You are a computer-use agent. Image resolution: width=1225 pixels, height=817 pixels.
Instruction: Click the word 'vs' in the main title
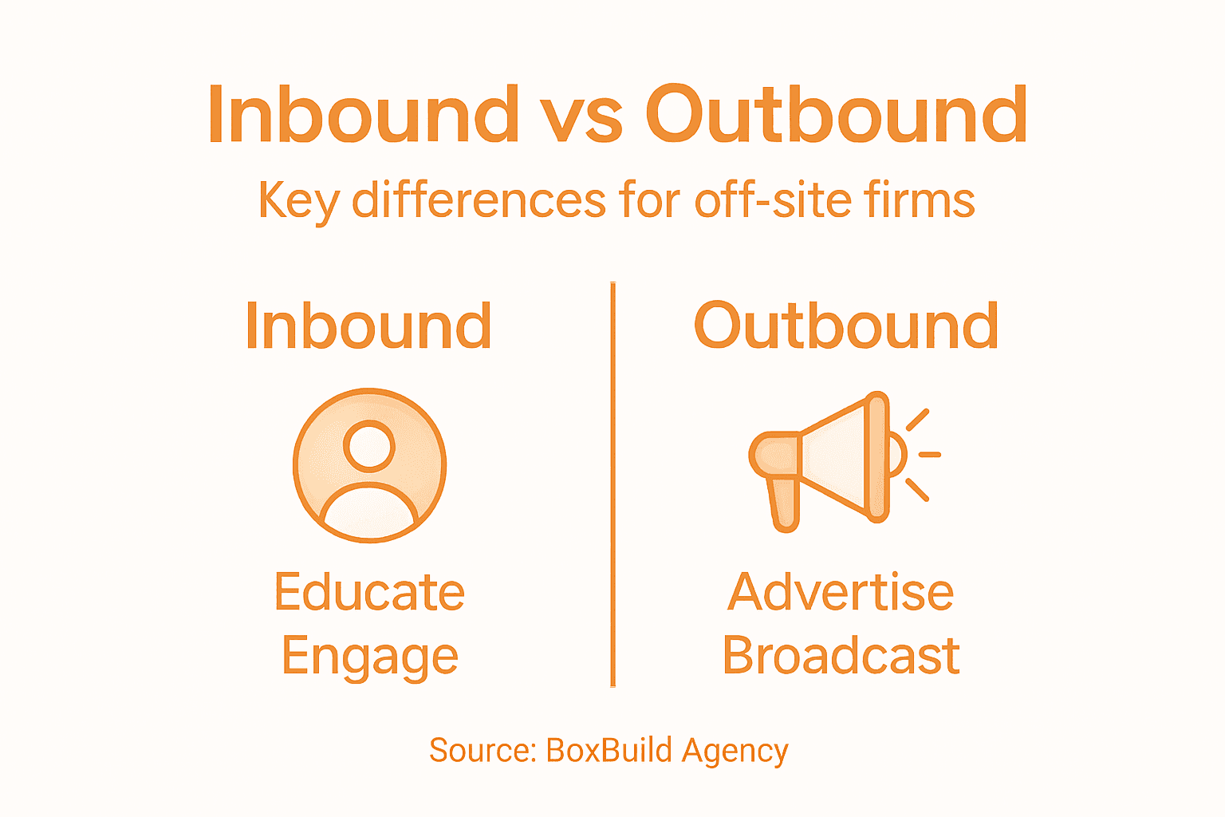click(x=591, y=116)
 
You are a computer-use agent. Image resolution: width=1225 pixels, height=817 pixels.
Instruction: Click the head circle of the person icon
click(x=369, y=445)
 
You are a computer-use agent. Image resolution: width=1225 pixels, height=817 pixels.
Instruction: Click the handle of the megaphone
click(x=784, y=503)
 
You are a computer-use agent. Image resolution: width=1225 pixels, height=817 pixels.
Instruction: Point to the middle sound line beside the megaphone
click(x=929, y=455)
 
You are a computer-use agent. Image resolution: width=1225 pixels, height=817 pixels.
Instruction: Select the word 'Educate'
click(x=369, y=592)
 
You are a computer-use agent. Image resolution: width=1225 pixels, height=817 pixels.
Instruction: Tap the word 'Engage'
click(x=369, y=657)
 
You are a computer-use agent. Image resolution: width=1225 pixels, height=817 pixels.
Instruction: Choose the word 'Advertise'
click(x=841, y=592)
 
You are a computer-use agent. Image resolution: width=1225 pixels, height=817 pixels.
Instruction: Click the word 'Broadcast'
click(x=841, y=656)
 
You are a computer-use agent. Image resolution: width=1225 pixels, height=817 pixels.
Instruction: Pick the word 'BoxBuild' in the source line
click(x=609, y=751)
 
